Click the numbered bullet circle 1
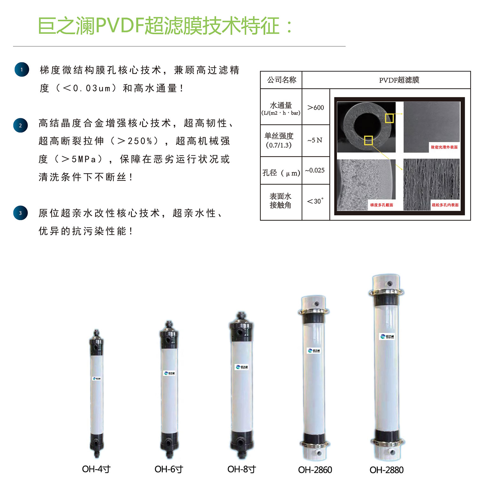[x=22, y=70]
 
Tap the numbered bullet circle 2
[x=20, y=125]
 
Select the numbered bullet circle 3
[x=20, y=213]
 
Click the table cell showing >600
[x=315, y=107]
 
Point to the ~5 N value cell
[x=315, y=140]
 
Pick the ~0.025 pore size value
[x=315, y=170]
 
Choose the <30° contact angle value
[x=315, y=201]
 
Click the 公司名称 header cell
[x=281, y=80]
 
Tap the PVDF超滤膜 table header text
[x=399, y=80]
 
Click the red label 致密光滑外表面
[x=444, y=147]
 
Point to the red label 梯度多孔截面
[x=381, y=205]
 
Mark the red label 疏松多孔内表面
[x=445, y=205]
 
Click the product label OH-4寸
[x=96, y=469]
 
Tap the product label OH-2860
[x=315, y=470]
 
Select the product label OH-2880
[x=387, y=470]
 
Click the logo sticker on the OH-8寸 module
[x=242, y=367]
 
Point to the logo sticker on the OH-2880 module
[x=387, y=337]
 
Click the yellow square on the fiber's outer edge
[x=389, y=118]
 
